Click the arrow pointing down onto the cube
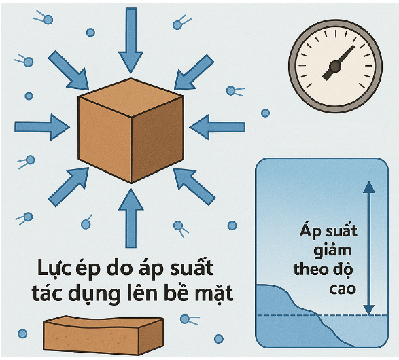(x=131, y=41)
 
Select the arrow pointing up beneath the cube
(x=131, y=218)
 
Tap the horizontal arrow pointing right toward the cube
(x=42, y=127)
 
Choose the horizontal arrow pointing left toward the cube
(x=218, y=127)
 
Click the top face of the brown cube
(x=131, y=97)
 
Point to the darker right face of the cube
(x=158, y=139)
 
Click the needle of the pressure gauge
(x=339, y=62)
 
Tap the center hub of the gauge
(x=335, y=67)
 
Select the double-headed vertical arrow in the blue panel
(x=369, y=248)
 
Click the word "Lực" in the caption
(x=54, y=268)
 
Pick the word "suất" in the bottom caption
(x=192, y=267)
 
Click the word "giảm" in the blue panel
(x=332, y=251)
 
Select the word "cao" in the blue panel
(x=343, y=289)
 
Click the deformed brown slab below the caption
(x=103, y=335)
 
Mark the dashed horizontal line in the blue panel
(x=322, y=315)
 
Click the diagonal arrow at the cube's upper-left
(x=69, y=71)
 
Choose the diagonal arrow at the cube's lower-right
(x=194, y=186)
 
